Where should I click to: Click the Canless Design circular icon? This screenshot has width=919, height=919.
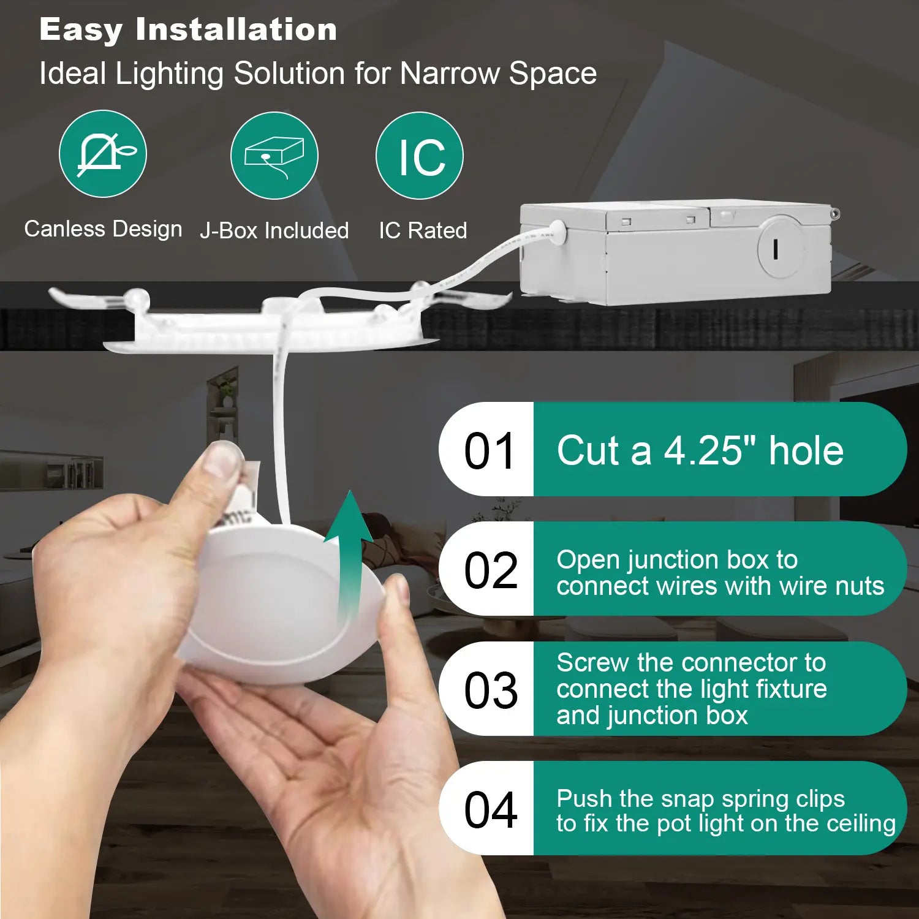[x=103, y=154]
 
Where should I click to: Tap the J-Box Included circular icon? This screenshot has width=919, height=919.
[x=274, y=156]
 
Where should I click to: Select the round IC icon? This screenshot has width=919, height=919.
[x=420, y=156]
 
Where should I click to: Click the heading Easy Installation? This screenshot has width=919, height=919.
[x=188, y=29]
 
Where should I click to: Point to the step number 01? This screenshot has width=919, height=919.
[x=490, y=451]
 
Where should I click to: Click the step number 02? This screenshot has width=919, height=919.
[x=490, y=570]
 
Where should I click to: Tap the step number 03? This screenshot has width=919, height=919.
[x=491, y=690]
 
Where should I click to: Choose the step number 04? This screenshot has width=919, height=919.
[x=491, y=810]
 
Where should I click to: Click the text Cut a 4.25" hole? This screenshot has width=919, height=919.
[x=700, y=450]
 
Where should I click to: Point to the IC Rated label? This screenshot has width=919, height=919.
[x=423, y=230]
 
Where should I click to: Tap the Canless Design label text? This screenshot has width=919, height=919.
[x=103, y=229]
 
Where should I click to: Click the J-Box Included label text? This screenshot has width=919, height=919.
[x=274, y=230]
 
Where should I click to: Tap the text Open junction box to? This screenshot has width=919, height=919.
[x=677, y=560]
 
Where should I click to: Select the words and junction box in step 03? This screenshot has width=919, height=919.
[x=652, y=716]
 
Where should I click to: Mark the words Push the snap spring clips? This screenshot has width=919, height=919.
[x=700, y=799]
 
